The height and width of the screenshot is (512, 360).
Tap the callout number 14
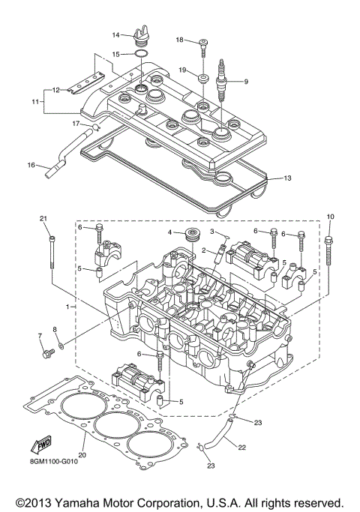[116, 34]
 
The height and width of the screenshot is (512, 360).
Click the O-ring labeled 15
[138, 54]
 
